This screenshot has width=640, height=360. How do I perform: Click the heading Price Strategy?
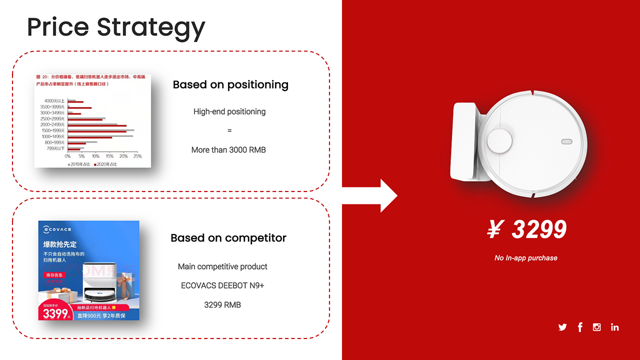[116, 27]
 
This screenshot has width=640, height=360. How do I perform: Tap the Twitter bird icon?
[562, 327]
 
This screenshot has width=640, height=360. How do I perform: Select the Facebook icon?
[580, 327]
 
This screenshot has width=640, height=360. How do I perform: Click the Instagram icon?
[596, 327]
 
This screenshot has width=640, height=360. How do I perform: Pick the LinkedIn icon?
[614, 327]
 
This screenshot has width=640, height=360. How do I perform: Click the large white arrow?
[370, 196]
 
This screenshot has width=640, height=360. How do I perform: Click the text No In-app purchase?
[525, 258]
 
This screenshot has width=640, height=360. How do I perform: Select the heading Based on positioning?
[230, 85]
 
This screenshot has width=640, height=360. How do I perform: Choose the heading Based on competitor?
[228, 238]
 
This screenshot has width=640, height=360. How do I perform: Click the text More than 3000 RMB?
[228, 150]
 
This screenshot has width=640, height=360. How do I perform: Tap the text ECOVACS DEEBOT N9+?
[222, 285]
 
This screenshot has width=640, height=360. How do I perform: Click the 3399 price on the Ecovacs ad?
[55, 313]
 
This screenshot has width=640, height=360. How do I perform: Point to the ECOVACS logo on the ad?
[57, 229]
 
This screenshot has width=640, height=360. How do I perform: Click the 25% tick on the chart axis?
[137, 156]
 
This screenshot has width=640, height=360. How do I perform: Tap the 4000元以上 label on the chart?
[54, 101]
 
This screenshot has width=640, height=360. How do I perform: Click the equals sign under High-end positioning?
[229, 130]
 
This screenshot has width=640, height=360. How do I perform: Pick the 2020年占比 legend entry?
[105, 164]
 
